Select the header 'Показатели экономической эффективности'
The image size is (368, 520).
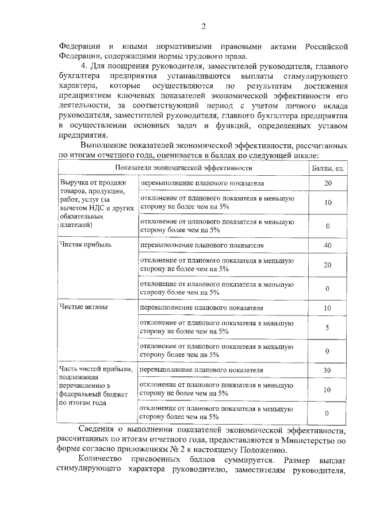pos(183,168)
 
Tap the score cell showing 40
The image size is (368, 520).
pos(328,245)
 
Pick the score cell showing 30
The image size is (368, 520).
pos(327,370)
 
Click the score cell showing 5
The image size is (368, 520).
pos(327,328)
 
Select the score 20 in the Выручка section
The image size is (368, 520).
pos(328,183)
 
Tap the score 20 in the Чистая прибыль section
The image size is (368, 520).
pos(327,265)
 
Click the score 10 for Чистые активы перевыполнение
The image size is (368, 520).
pos(327,308)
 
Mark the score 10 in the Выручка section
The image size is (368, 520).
pos(327,203)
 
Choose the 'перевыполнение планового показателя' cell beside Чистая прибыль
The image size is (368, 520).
pos(202,245)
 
